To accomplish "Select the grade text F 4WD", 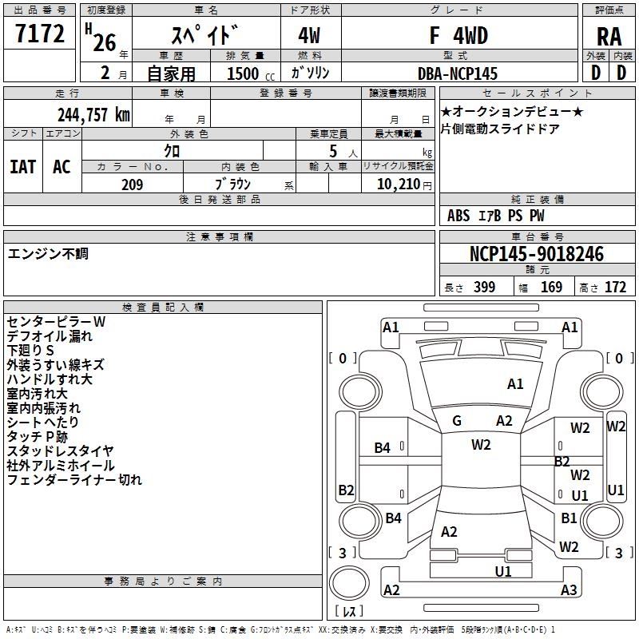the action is point(458,36).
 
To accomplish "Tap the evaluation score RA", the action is point(609,36).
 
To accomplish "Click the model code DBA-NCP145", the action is point(458,73).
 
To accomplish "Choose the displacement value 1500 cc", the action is point(249,73).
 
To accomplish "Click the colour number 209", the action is point(133,185).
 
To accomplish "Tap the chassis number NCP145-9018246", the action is point(537,254).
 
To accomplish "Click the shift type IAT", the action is point(23,166).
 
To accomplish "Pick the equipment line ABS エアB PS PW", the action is point(496,216).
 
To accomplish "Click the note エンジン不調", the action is point(48,254).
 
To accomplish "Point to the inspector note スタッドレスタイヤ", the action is point(61,451).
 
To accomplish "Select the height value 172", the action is point(615,288).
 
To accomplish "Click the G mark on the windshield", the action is point(458,421).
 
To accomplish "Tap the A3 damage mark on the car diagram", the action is point(569,590).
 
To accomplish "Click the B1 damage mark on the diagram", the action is point(569,518).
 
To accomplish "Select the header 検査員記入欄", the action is point(163,308).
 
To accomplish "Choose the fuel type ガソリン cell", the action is point(312,73).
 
